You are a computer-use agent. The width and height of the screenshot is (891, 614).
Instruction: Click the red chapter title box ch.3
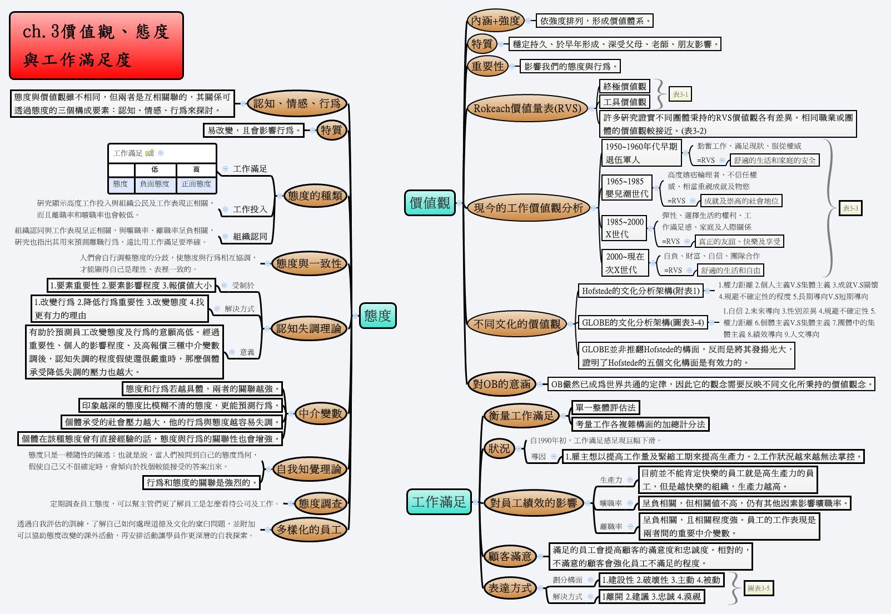pos(96,46)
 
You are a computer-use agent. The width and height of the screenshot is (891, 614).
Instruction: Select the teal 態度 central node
pos(377,316)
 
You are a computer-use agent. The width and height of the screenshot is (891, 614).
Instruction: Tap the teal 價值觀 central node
pos(429,203)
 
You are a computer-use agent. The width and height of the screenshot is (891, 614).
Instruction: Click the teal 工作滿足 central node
pos(439,502)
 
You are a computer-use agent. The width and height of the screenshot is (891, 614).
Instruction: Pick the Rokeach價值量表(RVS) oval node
pos(526,108)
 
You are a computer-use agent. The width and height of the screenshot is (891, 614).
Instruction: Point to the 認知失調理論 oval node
pos(308,328)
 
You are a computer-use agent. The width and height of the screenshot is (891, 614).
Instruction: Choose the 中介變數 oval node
pos(320,413)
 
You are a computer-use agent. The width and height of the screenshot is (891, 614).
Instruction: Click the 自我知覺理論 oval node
pos(308,469)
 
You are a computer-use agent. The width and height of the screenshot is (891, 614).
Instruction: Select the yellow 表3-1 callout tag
pos(680,94)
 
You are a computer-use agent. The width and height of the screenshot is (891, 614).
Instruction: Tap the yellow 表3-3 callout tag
pos(850,208)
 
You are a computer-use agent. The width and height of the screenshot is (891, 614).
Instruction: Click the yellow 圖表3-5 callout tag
pos(758,588)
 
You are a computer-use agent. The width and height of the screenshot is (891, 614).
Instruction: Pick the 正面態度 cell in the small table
pos(196,184)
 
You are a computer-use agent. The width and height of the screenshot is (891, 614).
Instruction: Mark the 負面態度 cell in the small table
pos(155,184)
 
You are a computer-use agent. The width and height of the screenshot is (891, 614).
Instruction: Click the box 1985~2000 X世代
pos(624,228)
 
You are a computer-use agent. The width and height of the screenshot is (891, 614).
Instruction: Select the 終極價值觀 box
pos(625,86)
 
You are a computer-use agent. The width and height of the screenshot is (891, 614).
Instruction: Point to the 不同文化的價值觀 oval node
pos(516,323)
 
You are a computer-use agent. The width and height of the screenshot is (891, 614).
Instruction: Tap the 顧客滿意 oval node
pos(509,556)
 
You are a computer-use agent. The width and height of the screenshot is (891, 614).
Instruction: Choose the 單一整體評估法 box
pos(605,407)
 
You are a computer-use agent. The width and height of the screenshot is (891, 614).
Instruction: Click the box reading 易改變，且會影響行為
pos(253,130)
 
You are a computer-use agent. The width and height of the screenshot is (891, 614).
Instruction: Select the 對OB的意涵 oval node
pos(501,383)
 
